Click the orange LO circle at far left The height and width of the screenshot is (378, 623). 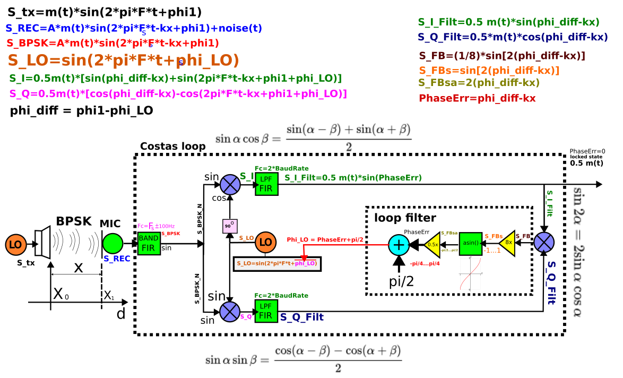click(x=16, y=245)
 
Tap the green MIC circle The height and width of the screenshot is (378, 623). click(x=113, y=244)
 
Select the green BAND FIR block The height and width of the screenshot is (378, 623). click(x=149, y=243)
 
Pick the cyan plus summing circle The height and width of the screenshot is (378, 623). click(x=399, y=245)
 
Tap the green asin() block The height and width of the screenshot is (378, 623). click(x=471, y=244)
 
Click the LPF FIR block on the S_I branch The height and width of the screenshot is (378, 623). click(x=266, y=184)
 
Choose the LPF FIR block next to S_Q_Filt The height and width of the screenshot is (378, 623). click(x=266, y=311)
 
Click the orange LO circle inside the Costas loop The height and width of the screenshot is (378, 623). click(x=266, y=243)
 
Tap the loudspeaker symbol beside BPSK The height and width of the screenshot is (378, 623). click(x=42, y=244)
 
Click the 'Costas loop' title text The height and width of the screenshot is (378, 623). click(x=172, y=147)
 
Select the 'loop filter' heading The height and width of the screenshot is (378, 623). click(x=405, y=218)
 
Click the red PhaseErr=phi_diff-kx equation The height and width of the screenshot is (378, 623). click(x=477, y=98)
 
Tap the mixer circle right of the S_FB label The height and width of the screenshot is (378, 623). click(x=544, y=243)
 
